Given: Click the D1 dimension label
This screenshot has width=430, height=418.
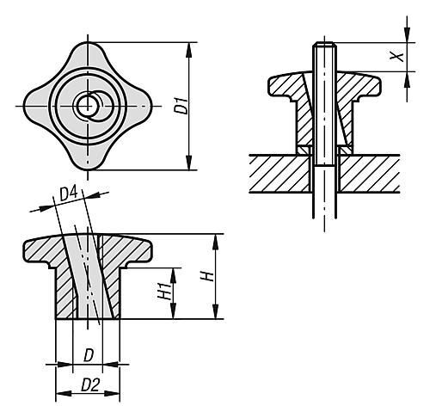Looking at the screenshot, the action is point(182,106).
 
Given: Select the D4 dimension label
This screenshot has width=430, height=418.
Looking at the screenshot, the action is point(69,194).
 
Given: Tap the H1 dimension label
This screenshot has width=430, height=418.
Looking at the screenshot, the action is point(164,292).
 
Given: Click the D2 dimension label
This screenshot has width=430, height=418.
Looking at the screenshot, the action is point(90,384).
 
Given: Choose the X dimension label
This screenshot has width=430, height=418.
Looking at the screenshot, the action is point(397,57).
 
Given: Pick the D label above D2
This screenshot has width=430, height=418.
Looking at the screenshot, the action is point(89,356).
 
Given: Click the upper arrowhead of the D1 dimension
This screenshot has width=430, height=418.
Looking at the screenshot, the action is point(188,49).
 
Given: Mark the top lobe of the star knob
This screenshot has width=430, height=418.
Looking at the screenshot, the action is point(88,54).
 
